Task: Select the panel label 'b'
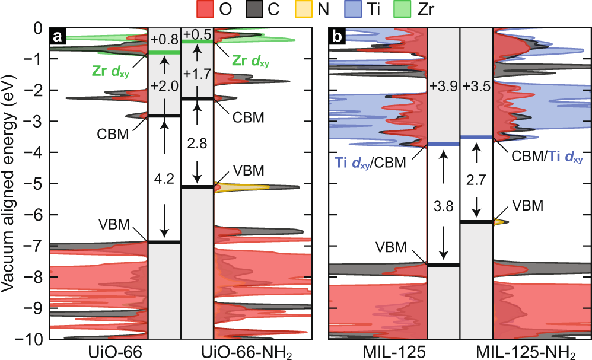tap(338, 37)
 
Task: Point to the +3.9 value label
tap(443, 87)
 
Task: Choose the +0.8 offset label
tap(164, 41)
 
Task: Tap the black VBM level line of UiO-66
tap(164, 242)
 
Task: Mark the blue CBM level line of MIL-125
tap(443, 144)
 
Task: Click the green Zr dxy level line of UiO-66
tap(164, 52)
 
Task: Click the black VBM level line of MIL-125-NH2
tap(476, 222)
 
